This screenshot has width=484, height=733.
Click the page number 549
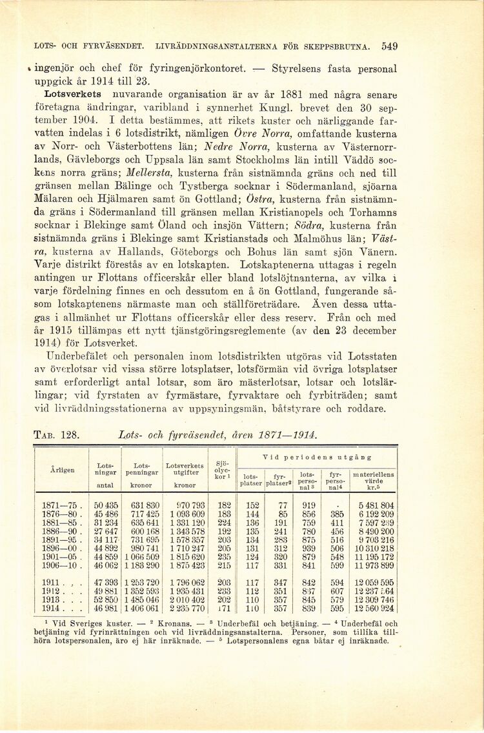(389, 46)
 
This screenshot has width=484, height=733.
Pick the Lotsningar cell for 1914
(106, 608)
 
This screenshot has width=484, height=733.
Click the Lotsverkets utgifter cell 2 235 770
(185, 608)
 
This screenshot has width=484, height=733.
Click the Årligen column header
(62, 470)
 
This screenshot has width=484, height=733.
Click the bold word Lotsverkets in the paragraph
(66, 95)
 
